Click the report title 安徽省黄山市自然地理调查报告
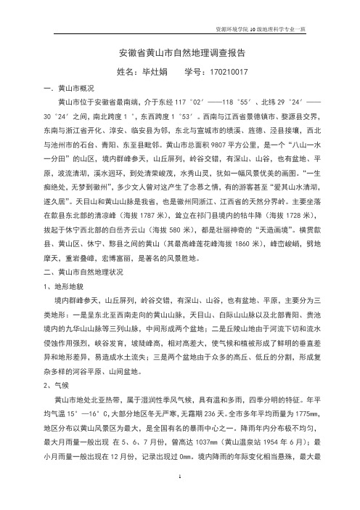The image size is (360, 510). click(179, 54)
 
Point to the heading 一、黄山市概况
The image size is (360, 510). click(67, 87)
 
